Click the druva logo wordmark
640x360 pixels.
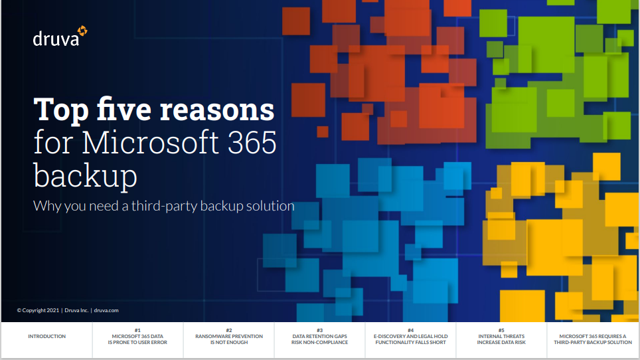click(56, 39)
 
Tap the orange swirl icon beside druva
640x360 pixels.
click(82, 31)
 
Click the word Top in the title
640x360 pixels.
click(61, 110)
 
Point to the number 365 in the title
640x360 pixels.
click(252, 142)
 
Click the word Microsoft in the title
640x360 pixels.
click(150, 142)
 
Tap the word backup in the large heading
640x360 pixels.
click(85, 175)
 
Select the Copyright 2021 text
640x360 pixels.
click(38, 310)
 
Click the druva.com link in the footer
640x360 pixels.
click(106, 310)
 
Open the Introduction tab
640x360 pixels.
click(47, 336)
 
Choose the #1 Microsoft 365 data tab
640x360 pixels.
click(137, 336)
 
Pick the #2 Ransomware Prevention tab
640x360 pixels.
click(229, 336)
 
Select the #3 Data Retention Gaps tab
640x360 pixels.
click(319, 336)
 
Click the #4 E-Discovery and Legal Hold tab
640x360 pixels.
click(410, 336)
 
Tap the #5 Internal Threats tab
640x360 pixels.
click(501, 336)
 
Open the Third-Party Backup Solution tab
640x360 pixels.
click(593, 339)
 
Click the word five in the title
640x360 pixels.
click(124, 110)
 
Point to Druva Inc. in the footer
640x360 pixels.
click(76, 310)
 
